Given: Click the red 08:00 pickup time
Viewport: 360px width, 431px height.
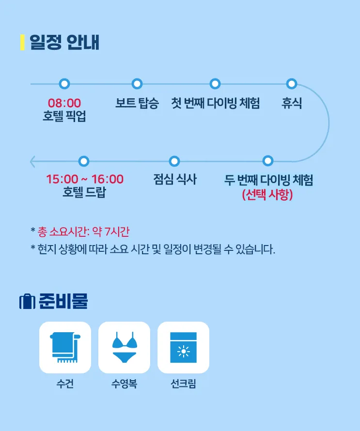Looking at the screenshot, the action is tap(64, 103).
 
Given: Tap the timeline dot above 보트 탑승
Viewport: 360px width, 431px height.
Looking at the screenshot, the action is tap(137, 84).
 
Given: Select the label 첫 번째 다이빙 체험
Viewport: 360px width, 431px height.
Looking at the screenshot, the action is tap(215, 103).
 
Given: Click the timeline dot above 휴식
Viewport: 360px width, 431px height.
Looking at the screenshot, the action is tap(292, 84).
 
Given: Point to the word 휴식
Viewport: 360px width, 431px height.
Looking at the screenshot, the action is tap(292, 103).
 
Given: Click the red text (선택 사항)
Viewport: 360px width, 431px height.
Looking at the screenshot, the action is tap(267, 195).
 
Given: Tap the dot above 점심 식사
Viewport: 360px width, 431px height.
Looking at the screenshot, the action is tap(174, 161).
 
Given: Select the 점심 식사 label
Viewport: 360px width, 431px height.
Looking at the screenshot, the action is tap(175, 179).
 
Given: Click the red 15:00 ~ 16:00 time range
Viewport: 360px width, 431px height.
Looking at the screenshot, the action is tap(85, 179).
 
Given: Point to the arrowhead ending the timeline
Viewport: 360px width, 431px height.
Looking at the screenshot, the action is tap(32, 161).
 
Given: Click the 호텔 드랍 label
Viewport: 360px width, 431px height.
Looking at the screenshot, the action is tap(84, 192).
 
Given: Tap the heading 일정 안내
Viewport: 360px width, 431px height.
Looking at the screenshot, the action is tap(64, 42).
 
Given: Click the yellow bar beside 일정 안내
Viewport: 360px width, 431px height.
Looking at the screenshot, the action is tap(23, 42).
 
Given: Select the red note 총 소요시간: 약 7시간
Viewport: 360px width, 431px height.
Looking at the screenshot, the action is tap(83, 231).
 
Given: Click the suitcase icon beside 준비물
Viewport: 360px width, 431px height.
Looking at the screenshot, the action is tap(27, 301).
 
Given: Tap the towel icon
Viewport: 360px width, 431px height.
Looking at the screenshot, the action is tap(65, 347).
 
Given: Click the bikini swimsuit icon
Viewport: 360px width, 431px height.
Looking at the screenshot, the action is tap(125, 347).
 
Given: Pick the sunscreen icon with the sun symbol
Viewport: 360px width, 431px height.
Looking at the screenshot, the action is tap(184, 347).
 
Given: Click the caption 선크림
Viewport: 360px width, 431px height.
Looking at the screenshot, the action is tap(184, 384).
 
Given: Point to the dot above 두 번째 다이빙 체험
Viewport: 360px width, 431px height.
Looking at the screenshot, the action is tap(268, 160).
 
